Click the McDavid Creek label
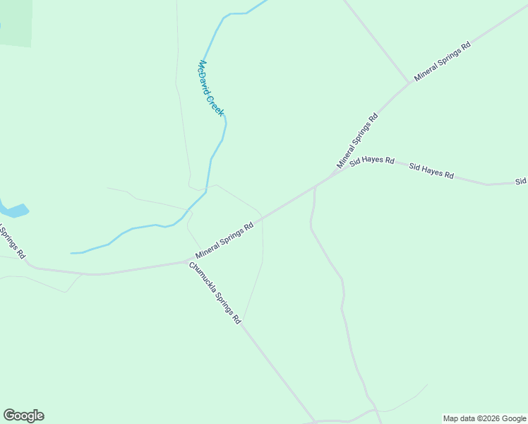pos(210,88)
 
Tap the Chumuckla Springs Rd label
pos(215,293)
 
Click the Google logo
pos(23,416)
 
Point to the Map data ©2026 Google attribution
pos(484,418)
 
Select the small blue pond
pos(13,210)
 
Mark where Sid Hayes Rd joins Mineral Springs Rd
pos(332,175)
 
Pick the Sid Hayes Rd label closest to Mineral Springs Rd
pos(372,160)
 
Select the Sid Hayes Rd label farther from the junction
pos(431,171)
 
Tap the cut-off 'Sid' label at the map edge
pos(521,182)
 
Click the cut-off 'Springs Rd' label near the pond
pos(13,240)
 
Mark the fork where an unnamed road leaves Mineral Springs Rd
pos(409,83)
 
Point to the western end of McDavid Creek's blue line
pos(72,253)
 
